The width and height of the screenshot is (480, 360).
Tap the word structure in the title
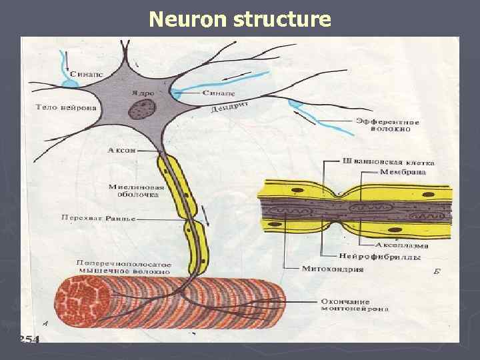(282, 19)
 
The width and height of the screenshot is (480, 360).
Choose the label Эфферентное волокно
(387, 126)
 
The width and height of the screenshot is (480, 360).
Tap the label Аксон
(122, 151)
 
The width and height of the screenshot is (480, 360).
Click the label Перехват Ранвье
(99, 217)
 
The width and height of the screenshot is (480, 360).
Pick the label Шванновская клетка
(387, 162)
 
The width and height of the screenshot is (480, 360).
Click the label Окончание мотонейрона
(355, 305)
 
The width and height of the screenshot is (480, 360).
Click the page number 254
(29, 339)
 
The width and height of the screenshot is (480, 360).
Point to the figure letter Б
(436, 271)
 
